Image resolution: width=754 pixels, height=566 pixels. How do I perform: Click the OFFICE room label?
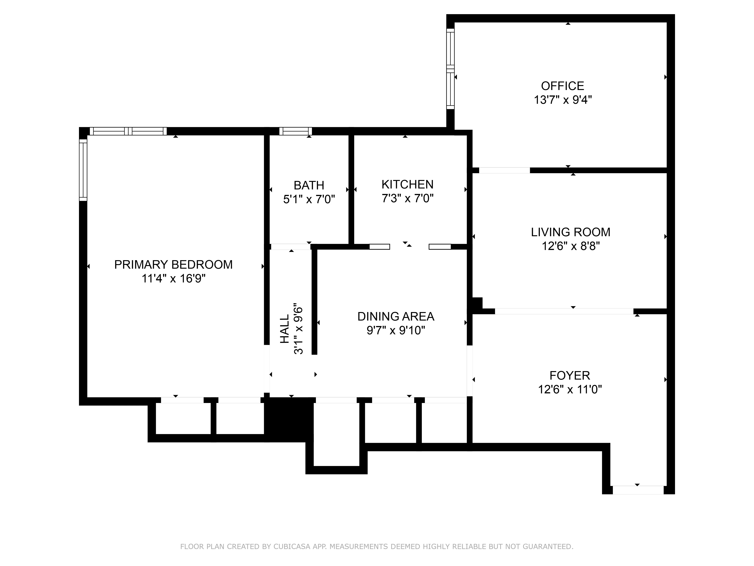coord(562,86)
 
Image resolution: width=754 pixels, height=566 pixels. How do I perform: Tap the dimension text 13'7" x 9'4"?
coord(562,100)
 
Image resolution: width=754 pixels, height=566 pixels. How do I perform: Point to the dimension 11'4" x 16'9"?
coord(173,279)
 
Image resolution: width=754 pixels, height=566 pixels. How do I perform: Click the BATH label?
coord(309,185)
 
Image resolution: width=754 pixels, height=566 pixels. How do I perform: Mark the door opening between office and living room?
coord(504,170)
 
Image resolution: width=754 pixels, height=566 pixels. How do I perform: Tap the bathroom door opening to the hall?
coord(290,247)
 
